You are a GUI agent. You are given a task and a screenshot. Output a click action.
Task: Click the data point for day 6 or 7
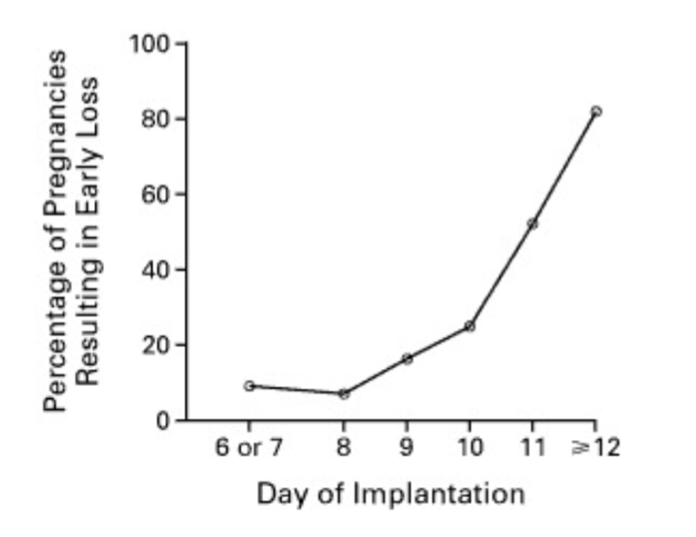pos(249,386)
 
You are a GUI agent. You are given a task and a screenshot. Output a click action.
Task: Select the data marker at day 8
pos(344,393)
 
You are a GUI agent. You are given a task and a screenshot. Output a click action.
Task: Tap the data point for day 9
pos(407,358)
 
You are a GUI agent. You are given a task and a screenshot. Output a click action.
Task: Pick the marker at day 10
pos(470,325)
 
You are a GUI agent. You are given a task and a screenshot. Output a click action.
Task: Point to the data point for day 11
pos(532,223)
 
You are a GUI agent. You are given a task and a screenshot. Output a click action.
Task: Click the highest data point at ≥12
pos(595,111)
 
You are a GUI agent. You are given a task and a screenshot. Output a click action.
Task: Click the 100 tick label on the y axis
pos(150,45)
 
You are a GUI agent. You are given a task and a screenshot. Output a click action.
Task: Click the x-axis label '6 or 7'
pos(249,448)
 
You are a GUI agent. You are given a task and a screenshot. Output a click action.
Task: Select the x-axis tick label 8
pos(344,448)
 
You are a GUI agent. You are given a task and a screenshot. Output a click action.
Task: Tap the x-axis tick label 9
pos(407,448)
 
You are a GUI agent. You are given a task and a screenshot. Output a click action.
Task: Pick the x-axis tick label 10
pos(469,448)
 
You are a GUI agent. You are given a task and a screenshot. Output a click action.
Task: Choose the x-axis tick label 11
pos(532,448)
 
